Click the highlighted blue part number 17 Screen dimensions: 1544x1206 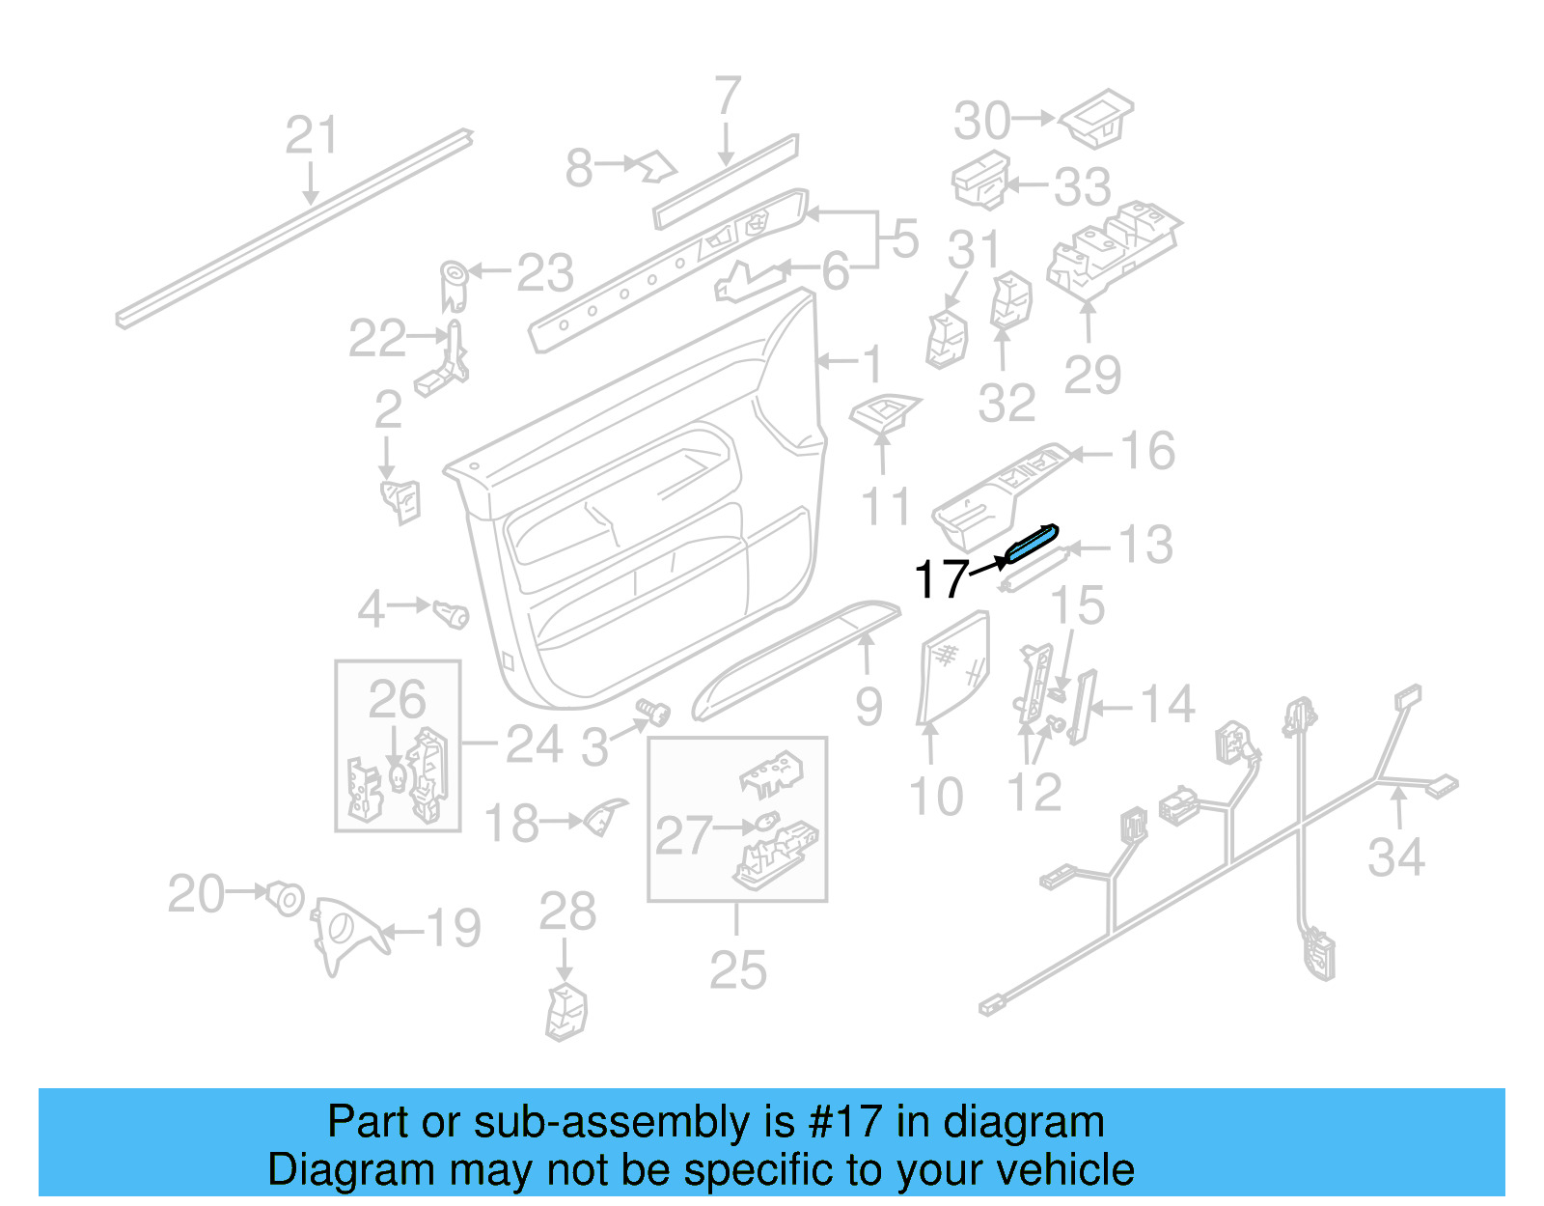pos(1032,543)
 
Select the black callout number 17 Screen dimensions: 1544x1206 pos(941,579)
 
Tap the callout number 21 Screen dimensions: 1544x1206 pos(312,135)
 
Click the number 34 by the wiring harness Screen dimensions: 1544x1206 pos(1395,856)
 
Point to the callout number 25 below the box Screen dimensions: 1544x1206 pos(737,969)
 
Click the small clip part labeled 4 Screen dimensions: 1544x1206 pos(451,613)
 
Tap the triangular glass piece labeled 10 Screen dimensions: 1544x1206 pos(953,667)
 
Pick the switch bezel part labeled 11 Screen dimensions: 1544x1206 pos(886,412)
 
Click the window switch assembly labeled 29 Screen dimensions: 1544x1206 pos(1112,248)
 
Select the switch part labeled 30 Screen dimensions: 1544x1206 pos(1097,118)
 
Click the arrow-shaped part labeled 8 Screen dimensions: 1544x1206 pos(655,166)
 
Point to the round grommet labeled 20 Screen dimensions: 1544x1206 pos(287,897)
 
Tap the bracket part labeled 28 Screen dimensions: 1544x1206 pos(566,1010)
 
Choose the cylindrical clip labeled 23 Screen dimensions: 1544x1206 pos(454,284)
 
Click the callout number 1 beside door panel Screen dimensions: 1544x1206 pos(871,363)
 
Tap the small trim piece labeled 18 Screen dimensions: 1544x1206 pos(604,818)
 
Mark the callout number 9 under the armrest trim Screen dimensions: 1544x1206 pos(868,707)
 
